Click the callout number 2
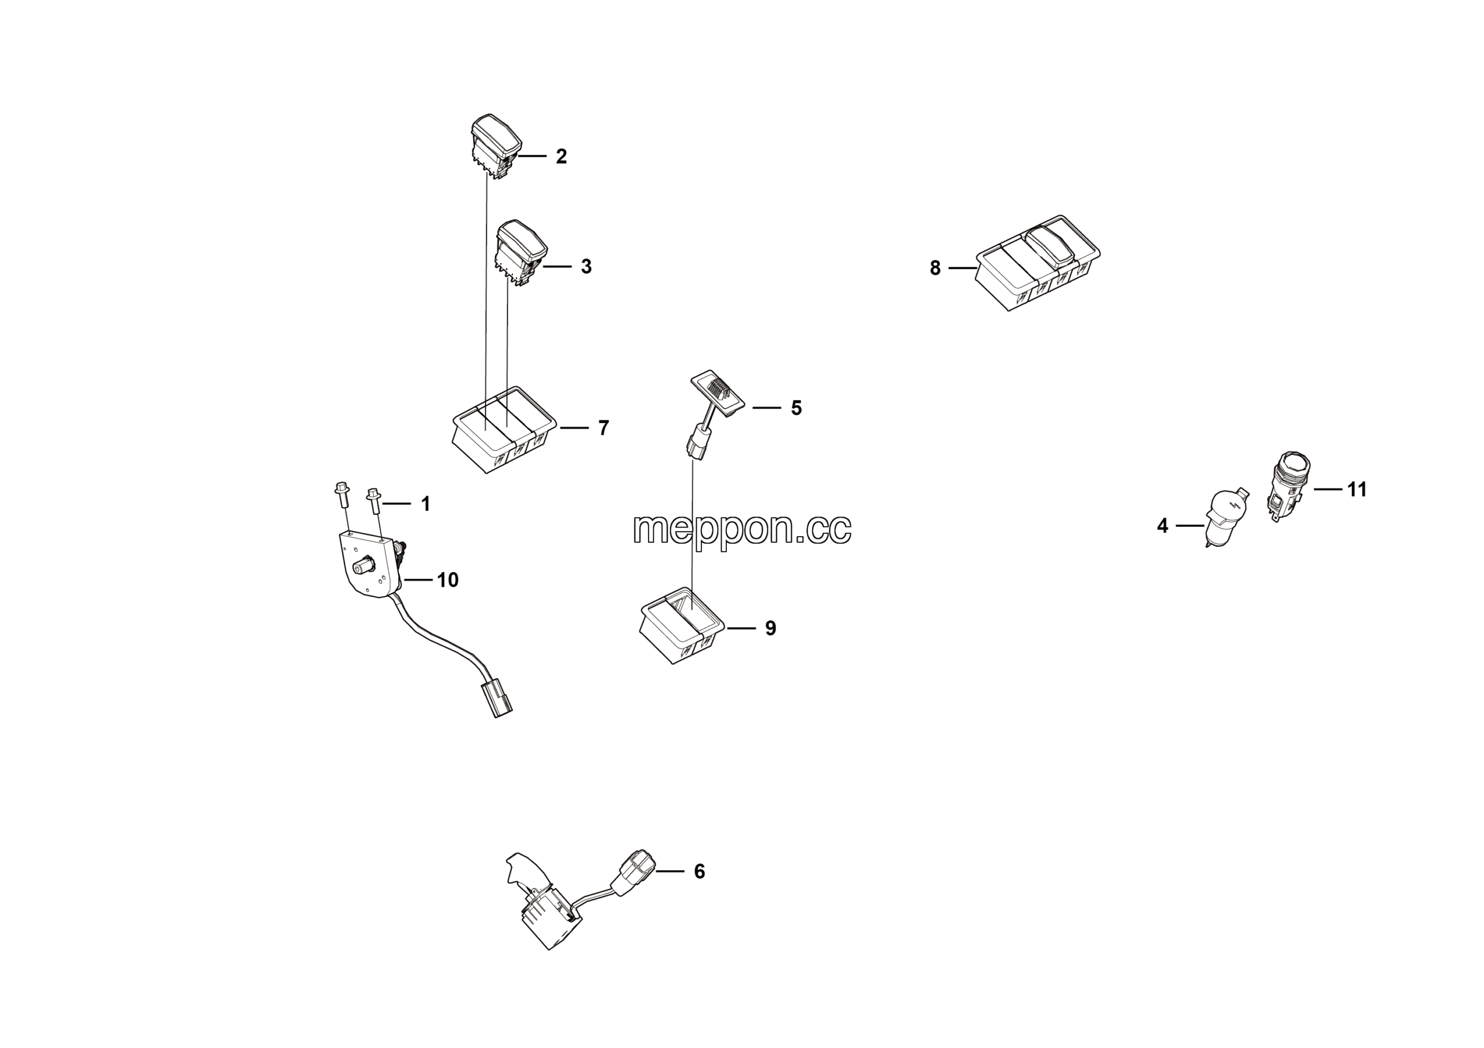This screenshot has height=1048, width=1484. (x=561, y=157)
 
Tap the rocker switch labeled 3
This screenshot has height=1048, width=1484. (x=521, y=253)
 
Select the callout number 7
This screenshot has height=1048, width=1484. (x=603, y=428)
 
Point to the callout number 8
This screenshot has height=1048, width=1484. (x=934, y=268)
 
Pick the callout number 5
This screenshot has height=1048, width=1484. (x=796, y=407)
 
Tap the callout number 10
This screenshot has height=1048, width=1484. (x=448, y=580)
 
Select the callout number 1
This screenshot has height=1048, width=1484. (x=425, y=504)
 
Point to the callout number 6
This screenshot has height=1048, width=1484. (x=699, y=872)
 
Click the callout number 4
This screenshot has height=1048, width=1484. (x=1162, y=526)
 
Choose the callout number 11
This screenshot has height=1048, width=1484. (x=1356, y=490)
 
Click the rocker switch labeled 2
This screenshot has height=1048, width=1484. (x=496, y=147)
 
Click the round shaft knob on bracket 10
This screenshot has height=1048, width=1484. (x=362, y=567)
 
